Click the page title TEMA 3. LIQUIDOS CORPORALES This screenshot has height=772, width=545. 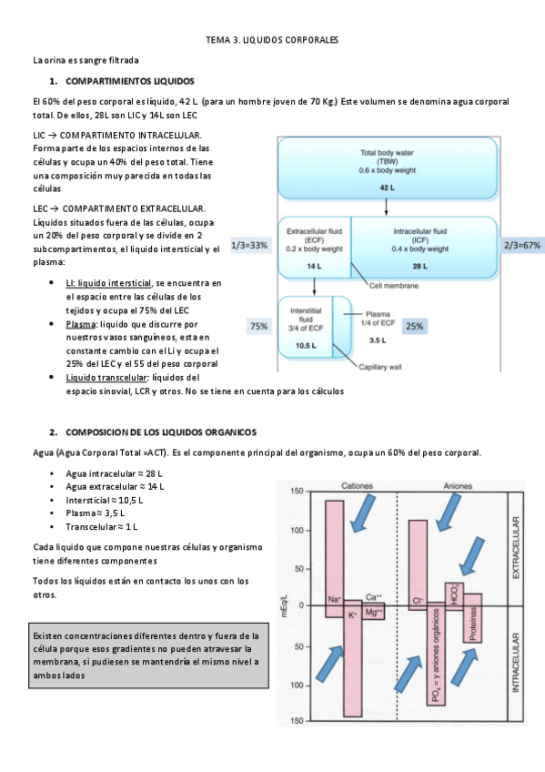tap(272, 40)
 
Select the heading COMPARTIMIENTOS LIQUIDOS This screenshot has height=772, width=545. tap(130, 81)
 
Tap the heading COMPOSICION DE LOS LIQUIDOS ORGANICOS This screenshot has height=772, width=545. tap(161, 432)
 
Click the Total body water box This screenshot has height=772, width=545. tap(388, 168)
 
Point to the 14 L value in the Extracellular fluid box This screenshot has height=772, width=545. tap(314, 267)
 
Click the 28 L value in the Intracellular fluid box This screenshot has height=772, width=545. tap(420, 267)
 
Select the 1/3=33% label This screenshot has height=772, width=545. tap(249, 245)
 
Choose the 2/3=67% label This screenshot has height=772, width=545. tap(522, 245)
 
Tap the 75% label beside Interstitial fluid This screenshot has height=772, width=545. tap(259, 326)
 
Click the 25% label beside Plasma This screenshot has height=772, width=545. tap(415, 326)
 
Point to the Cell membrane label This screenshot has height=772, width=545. tap(394, 286)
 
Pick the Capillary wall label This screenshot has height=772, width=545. tap(380, 367)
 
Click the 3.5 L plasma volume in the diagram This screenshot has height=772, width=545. tap(378, 340)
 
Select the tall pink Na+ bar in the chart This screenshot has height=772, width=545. tap(335, 559)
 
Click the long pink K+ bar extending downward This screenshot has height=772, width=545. tap(353, 658)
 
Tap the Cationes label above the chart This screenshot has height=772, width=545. tap(357, 486)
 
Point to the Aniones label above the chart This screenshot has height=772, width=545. tap(458, 486)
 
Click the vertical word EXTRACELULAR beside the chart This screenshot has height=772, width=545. tap(516, 547)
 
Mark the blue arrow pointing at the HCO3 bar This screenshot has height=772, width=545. tap(473, 557)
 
